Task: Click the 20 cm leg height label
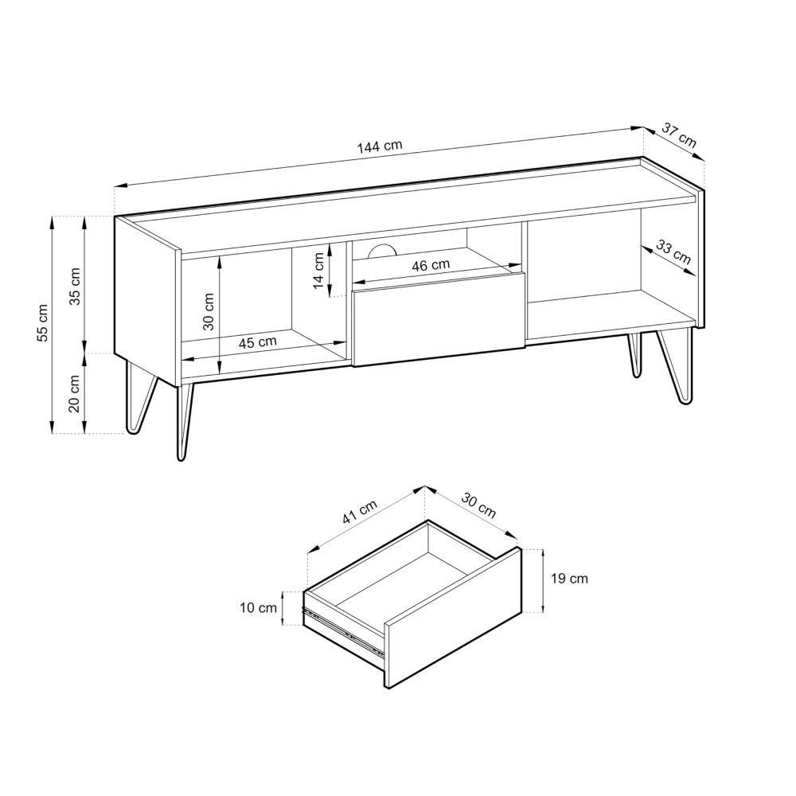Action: pyautogui.click(x=75, y=392)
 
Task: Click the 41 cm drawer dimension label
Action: pyautogui.click(x=359, y=512)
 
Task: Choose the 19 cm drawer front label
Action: pyautogui.click(x=568, y=579)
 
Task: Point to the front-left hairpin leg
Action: pyautogui.click(x=185, y=422)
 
